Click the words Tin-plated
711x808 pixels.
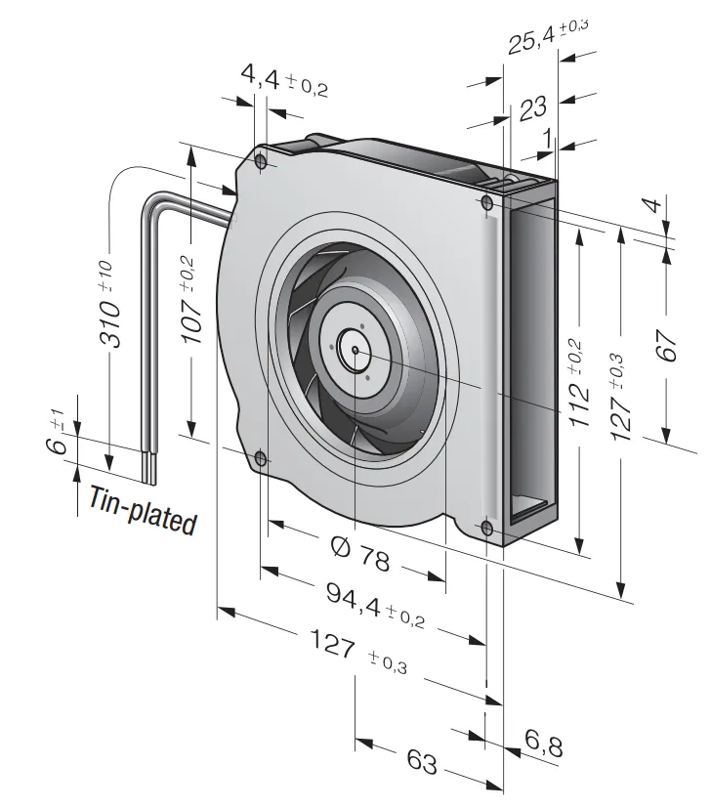click(x=143, y=510)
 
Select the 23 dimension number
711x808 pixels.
click(x=532, y=106)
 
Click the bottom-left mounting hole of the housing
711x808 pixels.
click(x=260, y=457)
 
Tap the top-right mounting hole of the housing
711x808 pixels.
click(x=486, y=203)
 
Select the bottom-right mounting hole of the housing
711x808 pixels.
click(x=486, y=528)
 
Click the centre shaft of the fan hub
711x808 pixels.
click(x=353, y=345)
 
